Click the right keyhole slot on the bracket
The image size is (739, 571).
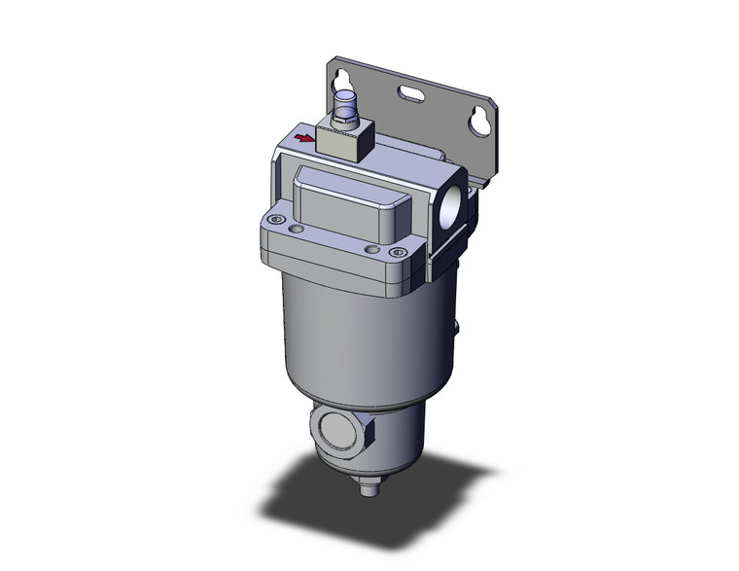[478, 119]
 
